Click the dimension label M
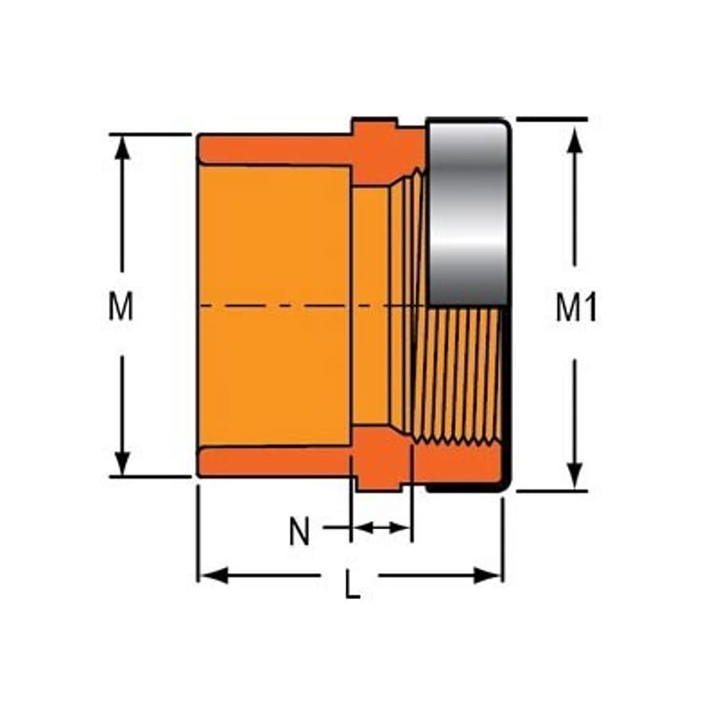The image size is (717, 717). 121,308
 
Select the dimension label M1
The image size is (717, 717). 576,308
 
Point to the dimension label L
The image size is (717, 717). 351,587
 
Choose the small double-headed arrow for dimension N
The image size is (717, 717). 382,527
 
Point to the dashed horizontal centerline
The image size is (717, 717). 303,306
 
